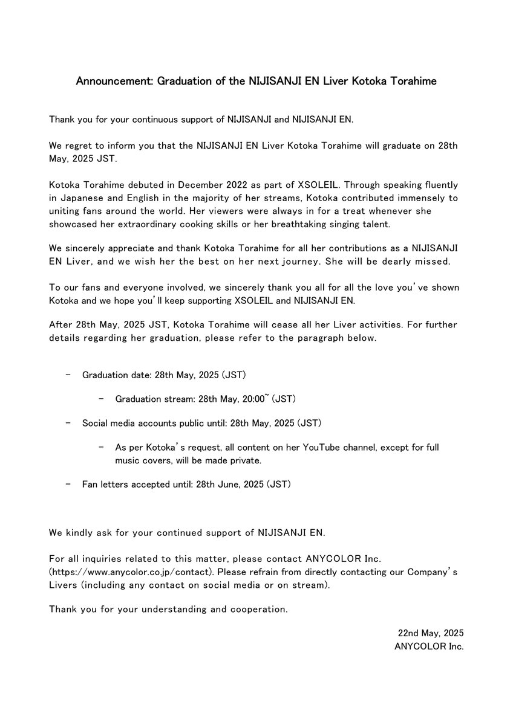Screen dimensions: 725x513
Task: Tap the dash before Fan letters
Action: tap(68, 484)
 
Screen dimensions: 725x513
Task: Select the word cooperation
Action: tap(260, 609)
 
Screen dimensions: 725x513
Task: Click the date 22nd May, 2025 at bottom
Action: tap(430, 633)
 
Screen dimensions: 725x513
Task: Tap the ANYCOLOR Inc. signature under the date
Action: tap(428, 646)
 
